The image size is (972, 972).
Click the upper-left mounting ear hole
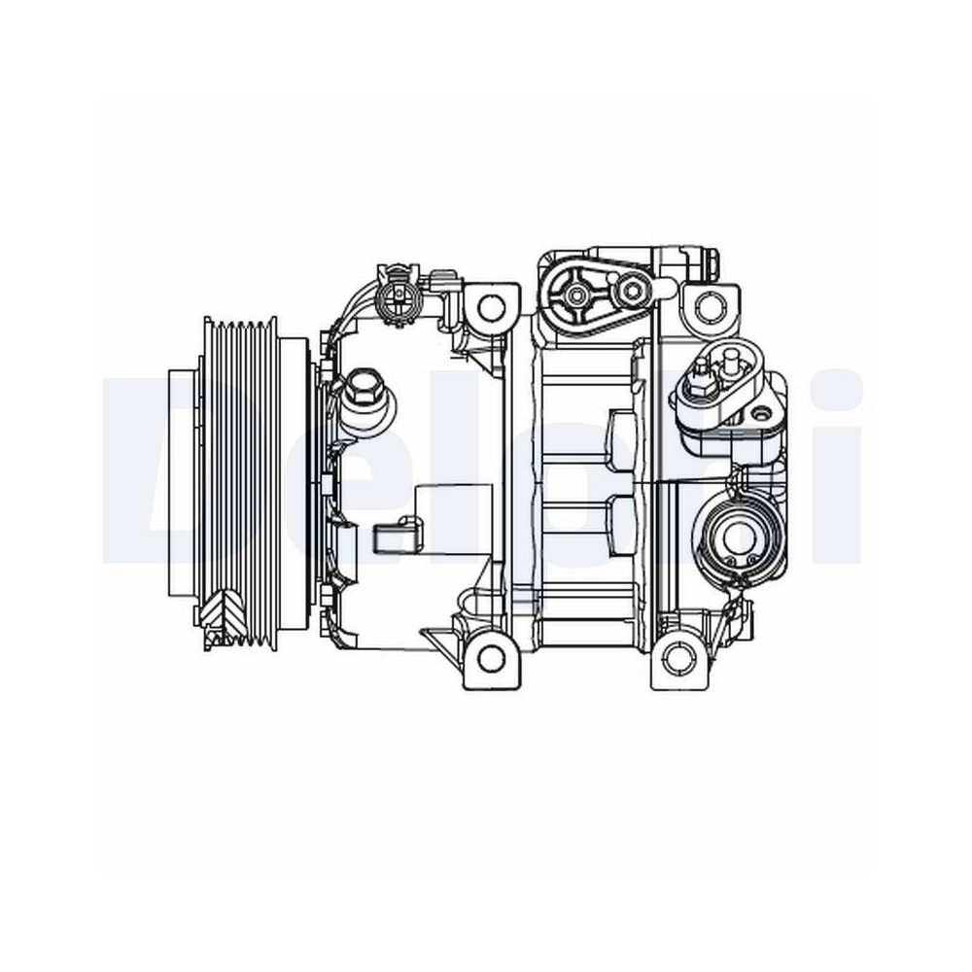point(492,307)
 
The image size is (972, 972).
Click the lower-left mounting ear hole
point(492,658)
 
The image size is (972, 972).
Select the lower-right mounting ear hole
point(677,659)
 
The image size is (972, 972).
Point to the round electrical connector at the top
point(396,292)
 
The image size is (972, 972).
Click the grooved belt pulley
point(238,476)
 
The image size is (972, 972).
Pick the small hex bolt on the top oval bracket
point(633,289)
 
